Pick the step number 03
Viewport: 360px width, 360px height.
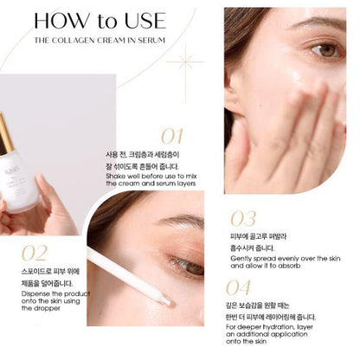click(x=244, y=218)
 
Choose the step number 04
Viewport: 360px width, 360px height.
click(x=243, y=288)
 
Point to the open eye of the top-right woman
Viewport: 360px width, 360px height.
click(x=326, y=51)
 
